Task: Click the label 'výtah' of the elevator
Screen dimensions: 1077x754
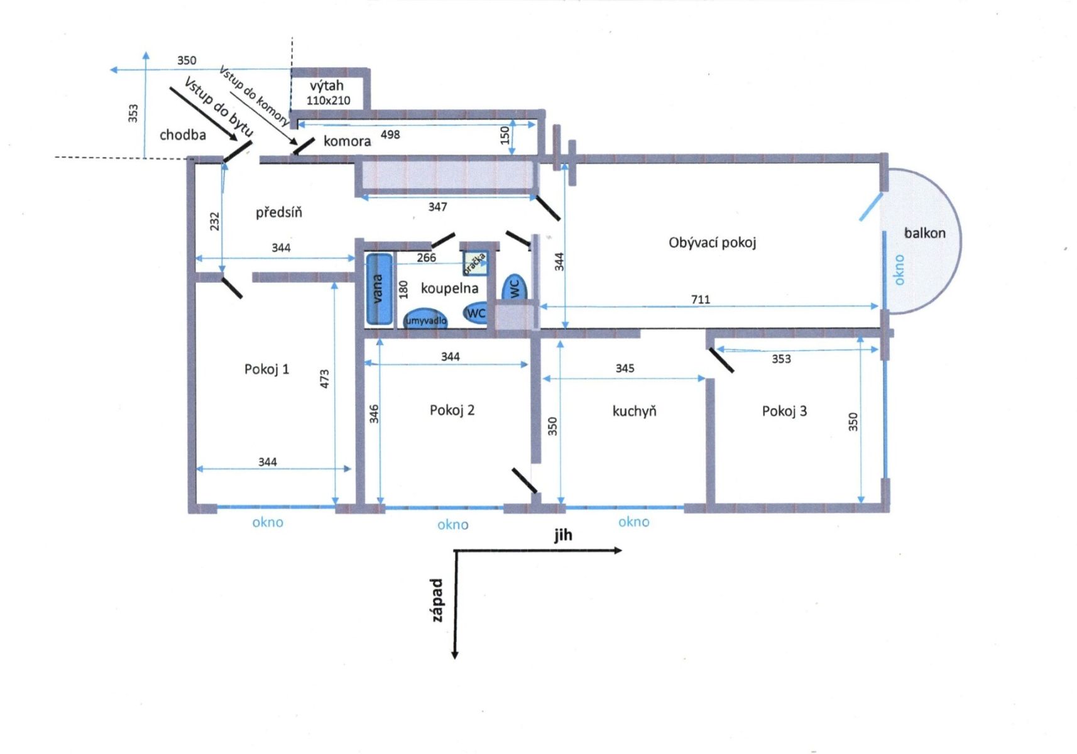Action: coord(327,85)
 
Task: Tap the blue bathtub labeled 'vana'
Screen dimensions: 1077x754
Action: coord(380,288)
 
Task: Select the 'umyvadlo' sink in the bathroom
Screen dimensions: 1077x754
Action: coord(425,319)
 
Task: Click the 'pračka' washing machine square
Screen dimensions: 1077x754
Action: coord(476,263)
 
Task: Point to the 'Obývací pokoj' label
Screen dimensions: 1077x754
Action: coord(712,243)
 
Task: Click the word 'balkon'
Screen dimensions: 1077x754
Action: coord(924,233)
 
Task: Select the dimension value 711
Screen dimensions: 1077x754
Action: coord(701,299)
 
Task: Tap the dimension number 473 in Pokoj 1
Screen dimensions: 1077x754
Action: coord(324,379)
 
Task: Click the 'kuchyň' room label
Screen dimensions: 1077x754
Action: coord(634,411)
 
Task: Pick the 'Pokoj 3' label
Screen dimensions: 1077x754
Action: coord(784,411)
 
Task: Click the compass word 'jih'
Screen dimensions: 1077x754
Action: coord(563,535)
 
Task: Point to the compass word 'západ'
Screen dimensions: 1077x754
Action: coord(437,599)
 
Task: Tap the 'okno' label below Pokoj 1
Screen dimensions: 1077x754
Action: coord(268,522)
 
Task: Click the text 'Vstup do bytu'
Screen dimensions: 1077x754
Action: coord(218,107)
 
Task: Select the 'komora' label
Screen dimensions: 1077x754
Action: coord(347,141)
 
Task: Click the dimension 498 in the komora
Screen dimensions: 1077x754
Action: coord(390,134)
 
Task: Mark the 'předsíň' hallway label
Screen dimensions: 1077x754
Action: coord(279,212)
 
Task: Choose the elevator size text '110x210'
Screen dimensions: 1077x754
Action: coord(329,101)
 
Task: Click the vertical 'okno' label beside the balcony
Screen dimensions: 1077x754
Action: coord(899,270)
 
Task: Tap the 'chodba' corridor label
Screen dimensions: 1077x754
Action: coord(183,135)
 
